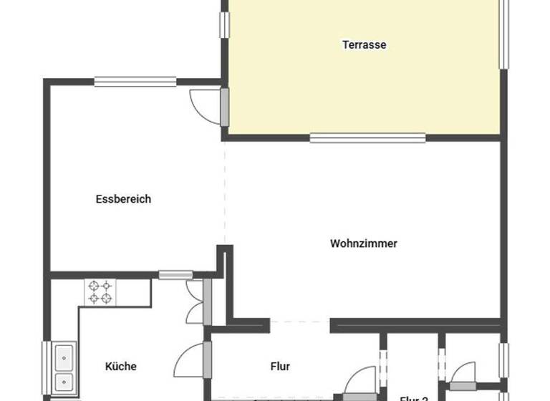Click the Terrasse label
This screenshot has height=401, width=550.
point(364,44)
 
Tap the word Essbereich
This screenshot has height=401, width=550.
point(123,199)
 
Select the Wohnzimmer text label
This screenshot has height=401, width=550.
point(363,243)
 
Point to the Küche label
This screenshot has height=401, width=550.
point(120,367)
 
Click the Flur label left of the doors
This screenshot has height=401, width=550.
point(280,367)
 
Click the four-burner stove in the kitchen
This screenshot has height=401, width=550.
point(100,292)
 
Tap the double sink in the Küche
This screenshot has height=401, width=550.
point(64,367)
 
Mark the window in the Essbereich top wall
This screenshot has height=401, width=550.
point(135,82)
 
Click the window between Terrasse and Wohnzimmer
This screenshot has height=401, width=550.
point(368,137)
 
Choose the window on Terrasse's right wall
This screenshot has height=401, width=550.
point(503,32)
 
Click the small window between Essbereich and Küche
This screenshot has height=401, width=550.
point(175,274)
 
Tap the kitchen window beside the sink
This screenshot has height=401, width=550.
point(47,368)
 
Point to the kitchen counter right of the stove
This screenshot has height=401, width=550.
point(134,292)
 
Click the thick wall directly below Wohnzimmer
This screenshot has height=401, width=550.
point(415,324)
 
